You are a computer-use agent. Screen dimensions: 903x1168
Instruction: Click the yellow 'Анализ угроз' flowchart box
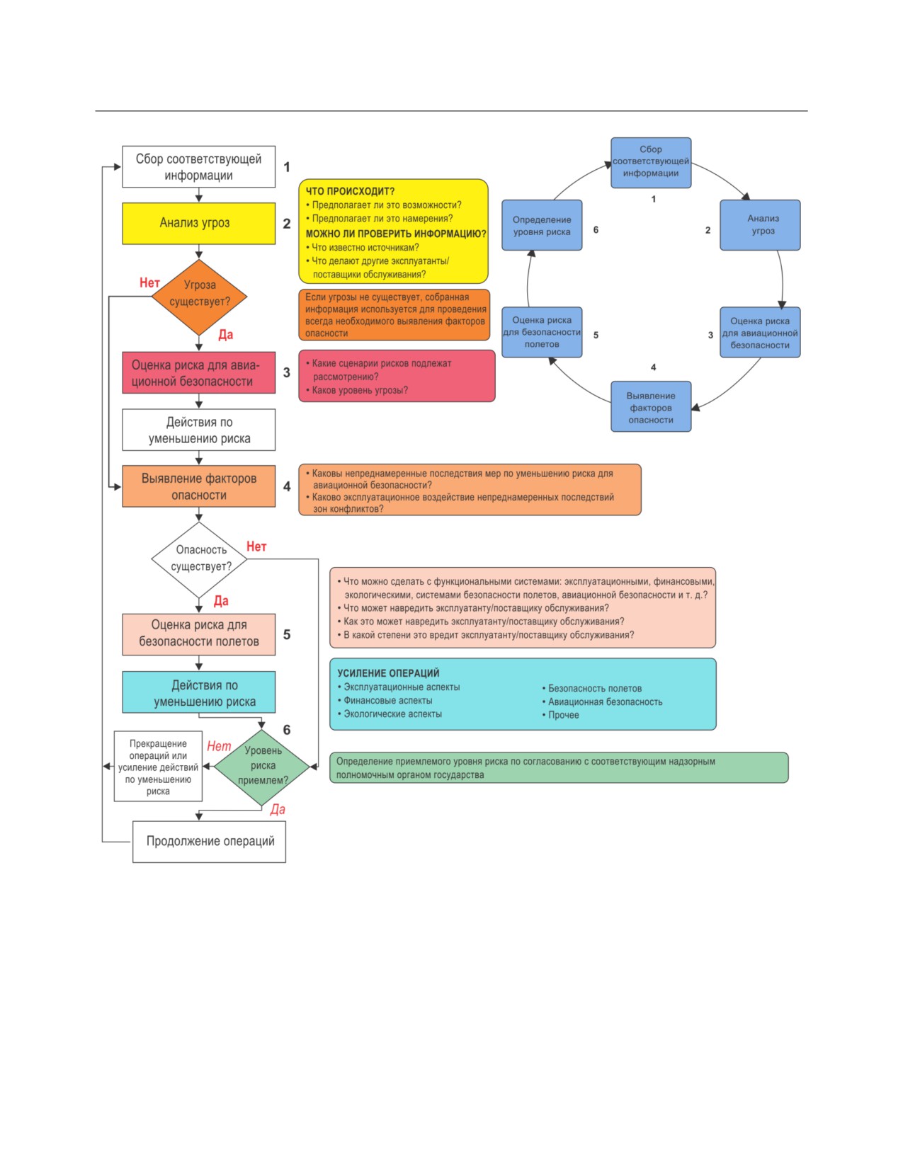point(198,223)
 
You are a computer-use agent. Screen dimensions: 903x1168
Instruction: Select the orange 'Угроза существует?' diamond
point(199,297)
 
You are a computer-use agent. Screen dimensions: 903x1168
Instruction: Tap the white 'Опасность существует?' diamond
point(199,559)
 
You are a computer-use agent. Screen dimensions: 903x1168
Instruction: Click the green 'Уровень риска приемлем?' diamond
point(262,767)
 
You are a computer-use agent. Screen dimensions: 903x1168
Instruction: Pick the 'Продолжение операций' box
point(209,842)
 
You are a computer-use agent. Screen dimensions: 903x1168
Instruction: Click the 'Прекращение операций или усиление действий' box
point(158,766)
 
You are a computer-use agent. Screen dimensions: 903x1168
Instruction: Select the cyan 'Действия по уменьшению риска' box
point(198,692)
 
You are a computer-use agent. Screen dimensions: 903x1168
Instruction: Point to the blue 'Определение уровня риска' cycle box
point(542,225)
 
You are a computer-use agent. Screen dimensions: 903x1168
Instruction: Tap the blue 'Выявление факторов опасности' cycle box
point(651,406)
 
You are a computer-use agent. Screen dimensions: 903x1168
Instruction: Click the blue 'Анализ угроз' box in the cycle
point(760,225)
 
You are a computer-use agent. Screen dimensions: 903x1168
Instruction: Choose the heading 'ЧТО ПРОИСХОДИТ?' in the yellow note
point(350,191)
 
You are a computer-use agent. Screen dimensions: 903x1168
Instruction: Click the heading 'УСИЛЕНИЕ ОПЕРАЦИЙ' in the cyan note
point(388,673)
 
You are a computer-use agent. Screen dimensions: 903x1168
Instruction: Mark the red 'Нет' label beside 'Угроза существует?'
point(149,282)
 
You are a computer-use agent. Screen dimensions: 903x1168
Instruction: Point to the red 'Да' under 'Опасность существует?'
point(221,601)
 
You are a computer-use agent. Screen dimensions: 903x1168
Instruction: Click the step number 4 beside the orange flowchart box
point(287,486)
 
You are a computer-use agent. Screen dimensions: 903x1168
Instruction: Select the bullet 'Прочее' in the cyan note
point(560,715)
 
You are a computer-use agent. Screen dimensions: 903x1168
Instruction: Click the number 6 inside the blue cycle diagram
point(596,229)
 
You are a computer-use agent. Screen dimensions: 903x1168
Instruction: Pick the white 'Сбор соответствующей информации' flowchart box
point(198,166)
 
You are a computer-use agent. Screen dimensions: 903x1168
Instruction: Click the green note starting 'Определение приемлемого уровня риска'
point(559,767)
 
